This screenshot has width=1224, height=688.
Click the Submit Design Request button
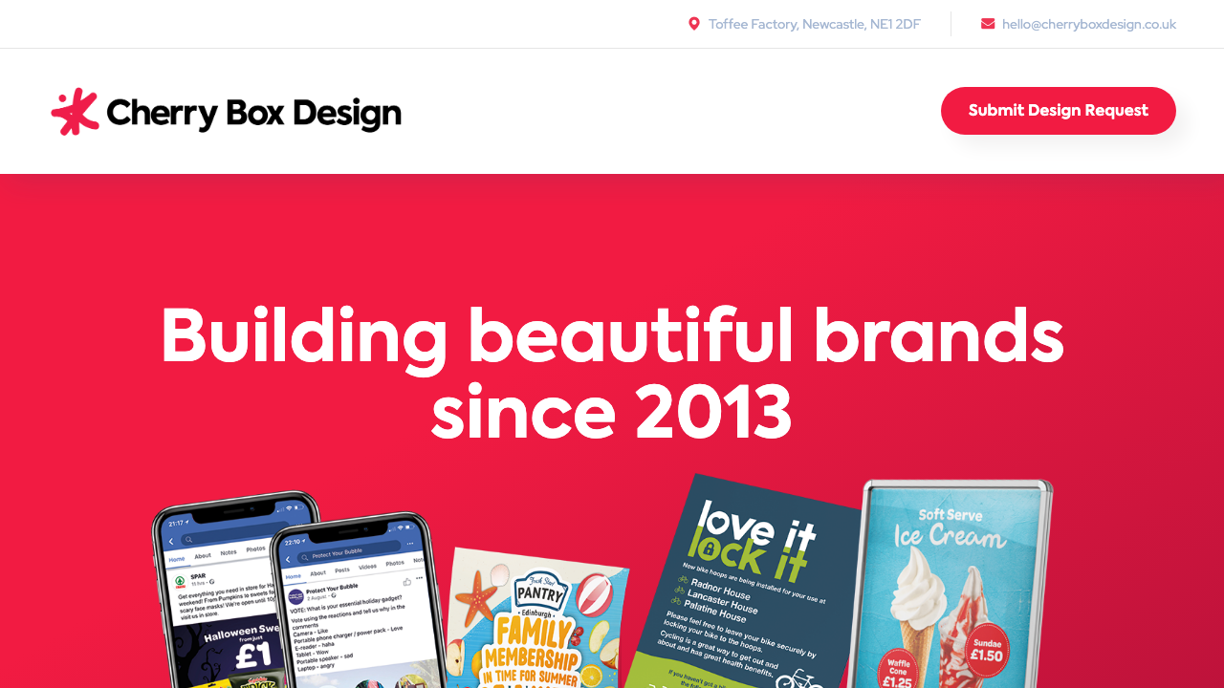point(1058,111)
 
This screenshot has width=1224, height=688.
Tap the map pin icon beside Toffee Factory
point(694,24)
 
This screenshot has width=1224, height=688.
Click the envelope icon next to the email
point(988,24)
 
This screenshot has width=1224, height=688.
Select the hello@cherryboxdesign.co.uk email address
point(1089,24)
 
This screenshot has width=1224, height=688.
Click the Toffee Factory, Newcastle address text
point(814,24)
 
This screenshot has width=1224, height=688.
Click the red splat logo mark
point(75,112)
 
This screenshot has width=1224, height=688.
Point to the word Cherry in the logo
point(162,114)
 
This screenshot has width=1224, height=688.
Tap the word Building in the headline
point(303,337)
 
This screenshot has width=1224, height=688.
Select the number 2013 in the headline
point(712,413)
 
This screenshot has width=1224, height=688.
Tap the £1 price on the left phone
point(252,656)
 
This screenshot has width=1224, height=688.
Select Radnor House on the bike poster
point(720,589)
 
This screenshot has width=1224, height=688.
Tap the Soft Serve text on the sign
point(950,515)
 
